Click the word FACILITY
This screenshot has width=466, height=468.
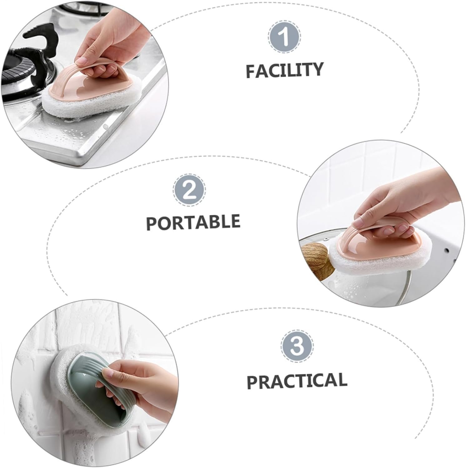(x=284, y=70)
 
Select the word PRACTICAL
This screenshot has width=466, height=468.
(x=297, y=380)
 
